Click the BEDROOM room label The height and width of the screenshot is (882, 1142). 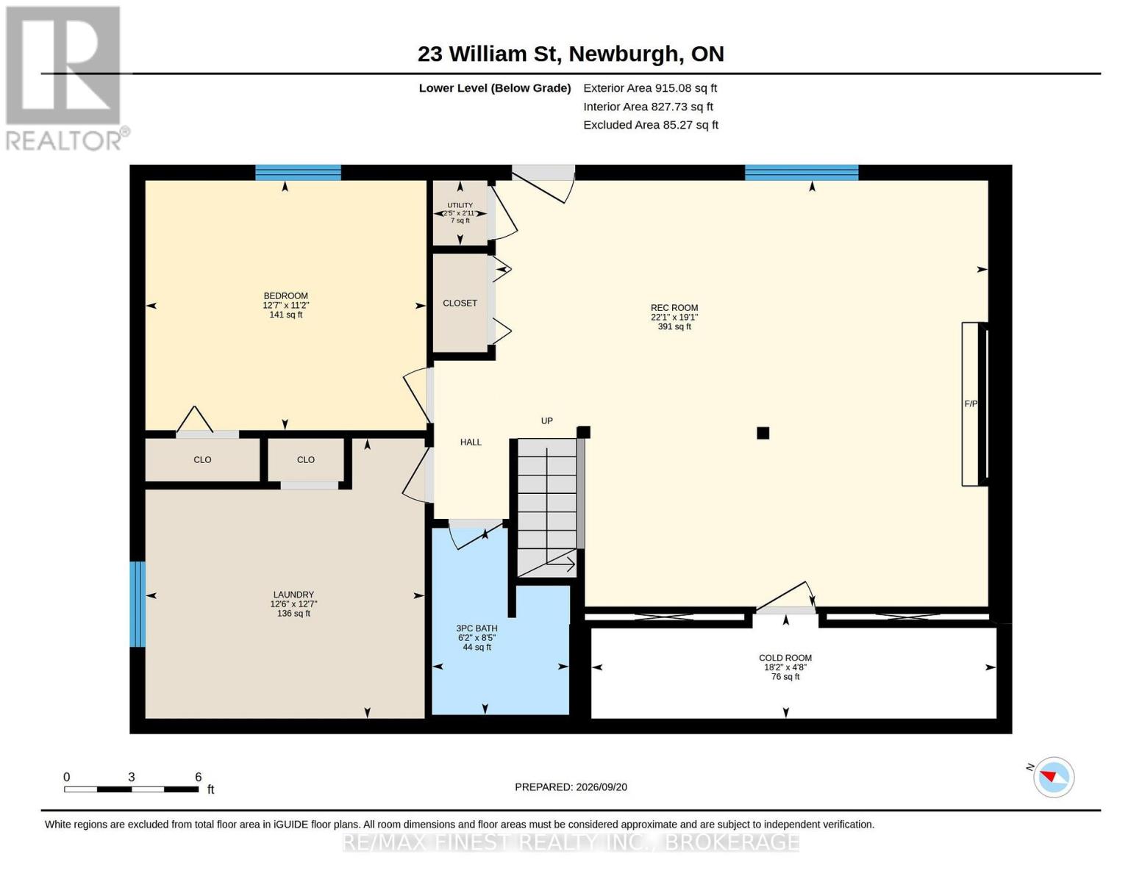[x=286, y=295]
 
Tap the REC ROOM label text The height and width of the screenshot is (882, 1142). [x=674, y=308]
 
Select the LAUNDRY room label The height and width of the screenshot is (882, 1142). [x=293, y=595]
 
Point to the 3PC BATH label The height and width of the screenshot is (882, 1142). [x=477, y=628]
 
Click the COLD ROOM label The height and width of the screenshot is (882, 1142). [x=785, y=658]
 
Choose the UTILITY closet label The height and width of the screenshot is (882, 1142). [x=460, y=205]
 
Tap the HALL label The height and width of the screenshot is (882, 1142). [x=471, y=442]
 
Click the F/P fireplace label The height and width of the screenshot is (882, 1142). [x=971, y=404]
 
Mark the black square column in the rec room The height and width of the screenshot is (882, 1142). [x=763, y=433]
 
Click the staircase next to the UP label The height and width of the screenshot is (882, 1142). [x=547, y=508]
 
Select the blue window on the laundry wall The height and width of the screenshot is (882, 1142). [x=138, y=604]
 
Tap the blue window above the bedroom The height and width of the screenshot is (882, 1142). [x=298, y=173]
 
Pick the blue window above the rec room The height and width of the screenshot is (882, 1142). [x=802, y=173]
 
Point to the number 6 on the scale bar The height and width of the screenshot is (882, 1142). [x=198, y=777]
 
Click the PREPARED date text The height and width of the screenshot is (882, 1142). [x=571, y=787]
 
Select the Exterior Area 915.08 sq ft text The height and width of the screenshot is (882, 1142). [x=650, y=88]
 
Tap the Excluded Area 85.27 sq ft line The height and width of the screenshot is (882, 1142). [x=651, y=125]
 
